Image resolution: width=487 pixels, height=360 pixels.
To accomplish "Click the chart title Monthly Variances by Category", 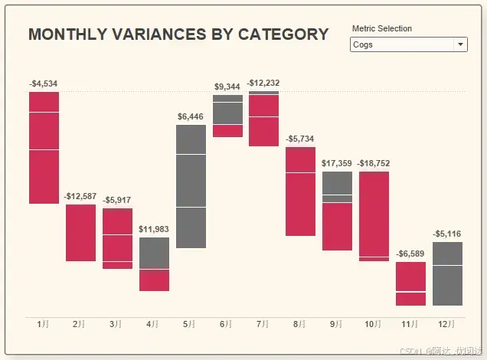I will (x=178, y=34).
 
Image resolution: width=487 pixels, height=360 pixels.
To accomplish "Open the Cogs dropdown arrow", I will (x=460, y=44).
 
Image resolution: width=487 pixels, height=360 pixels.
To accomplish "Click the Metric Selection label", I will (x=381, y=28).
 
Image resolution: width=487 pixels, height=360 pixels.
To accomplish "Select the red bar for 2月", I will (x=80, y=232).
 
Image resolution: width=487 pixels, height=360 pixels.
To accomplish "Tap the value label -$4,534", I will (x=44, y=83).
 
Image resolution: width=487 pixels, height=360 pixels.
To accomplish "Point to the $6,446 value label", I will (x=191, y=116).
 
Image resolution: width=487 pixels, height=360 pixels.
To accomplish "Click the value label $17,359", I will (x=337, y=163).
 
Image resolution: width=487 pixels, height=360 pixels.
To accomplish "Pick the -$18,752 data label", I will (x=374, y=163).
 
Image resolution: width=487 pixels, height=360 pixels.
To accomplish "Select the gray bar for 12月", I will (x=447, y=273).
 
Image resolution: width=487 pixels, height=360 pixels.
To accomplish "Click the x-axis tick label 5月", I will (x=191, y=325).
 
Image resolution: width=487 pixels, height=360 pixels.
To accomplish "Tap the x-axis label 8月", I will (x=301, y=325).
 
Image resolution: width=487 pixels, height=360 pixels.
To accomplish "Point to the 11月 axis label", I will (x=410, y=325).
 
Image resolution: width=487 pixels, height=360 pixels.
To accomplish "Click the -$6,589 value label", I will (x=410, y=254).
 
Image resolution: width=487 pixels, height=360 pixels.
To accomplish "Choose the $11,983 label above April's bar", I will (x=154, y=229).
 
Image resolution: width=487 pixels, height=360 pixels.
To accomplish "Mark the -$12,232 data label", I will (x=263, y=83).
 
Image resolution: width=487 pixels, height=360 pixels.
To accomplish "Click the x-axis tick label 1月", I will (x=44, y=325).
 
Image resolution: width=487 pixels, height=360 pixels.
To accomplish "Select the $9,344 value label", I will (x=227, y=87).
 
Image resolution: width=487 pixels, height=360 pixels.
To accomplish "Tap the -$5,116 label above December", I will (x=447, y=234).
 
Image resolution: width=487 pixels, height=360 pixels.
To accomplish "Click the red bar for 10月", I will (x=374, y=215).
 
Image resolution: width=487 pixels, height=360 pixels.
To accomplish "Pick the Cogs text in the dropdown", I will (x=363, y=44).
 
